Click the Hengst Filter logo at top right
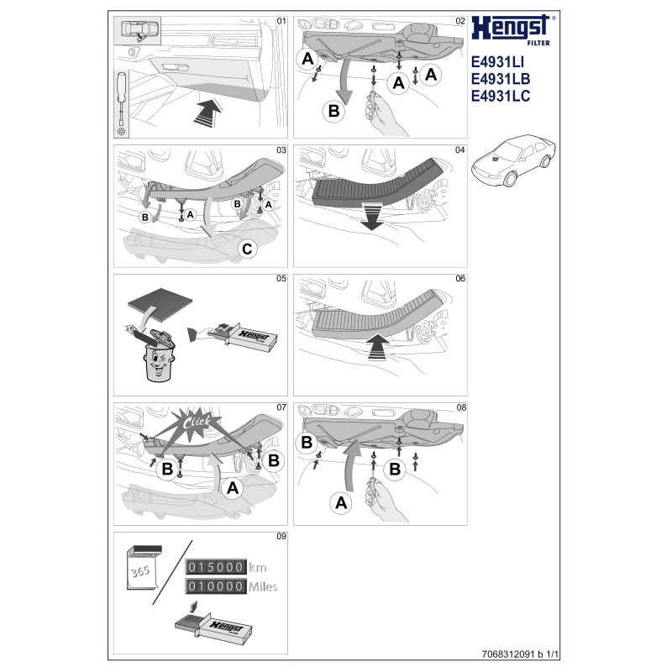(x=512, y=29)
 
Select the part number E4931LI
(x=497, y=62)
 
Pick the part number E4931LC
(x=500, y=96)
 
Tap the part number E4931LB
(x=500, y=79)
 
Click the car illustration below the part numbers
(x=513, y=160)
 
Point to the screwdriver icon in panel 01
(x=122, y=102)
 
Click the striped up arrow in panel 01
(x=207, y=113)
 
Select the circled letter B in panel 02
(x=333, y=111)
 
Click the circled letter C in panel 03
(x=247, y=249)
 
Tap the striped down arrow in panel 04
(x=371, y=217)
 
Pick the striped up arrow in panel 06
(x=377, y=347)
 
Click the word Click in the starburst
(x=197, y=423)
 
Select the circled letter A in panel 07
(x=233, y=488)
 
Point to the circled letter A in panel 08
(x=341, y=502)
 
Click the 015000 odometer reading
(x=216, y=567)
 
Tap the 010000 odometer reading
(x=216, y=585)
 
